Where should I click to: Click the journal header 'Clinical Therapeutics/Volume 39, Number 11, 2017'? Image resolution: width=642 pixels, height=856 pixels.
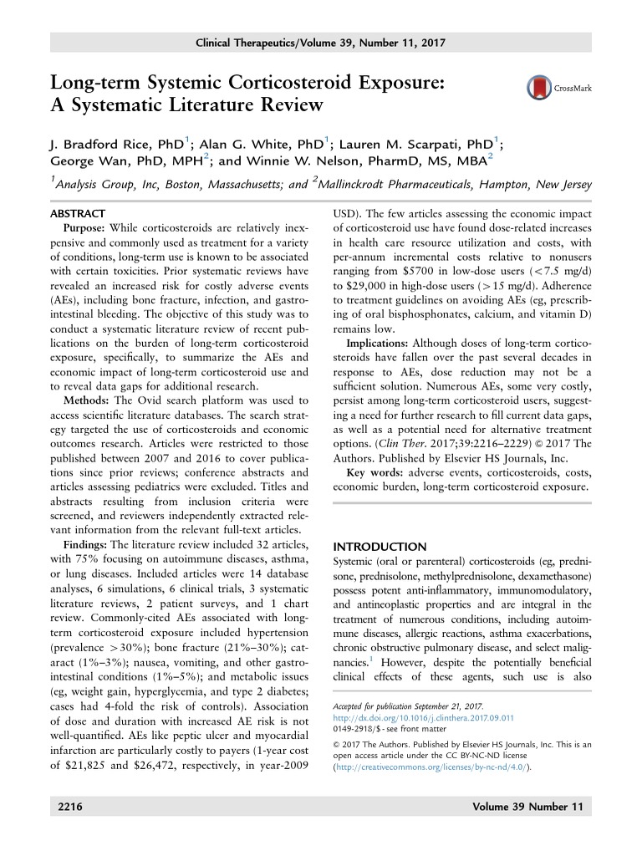click(321, 42)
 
